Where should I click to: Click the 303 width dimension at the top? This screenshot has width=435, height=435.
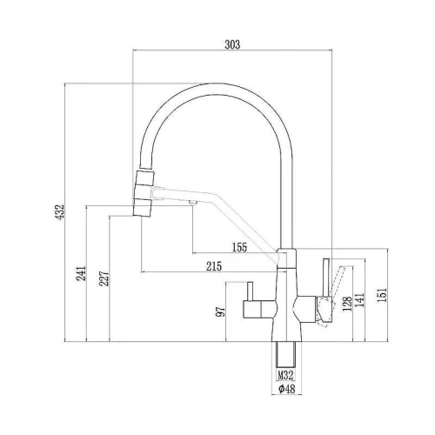[x=232, y=44]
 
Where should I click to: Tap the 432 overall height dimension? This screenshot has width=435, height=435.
[x=60, y=212]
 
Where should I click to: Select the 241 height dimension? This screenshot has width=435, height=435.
[x=81, y=273]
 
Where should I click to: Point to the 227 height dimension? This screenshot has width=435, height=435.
[x=104, y=278]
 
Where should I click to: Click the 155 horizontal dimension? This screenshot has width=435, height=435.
[x=239, y=247]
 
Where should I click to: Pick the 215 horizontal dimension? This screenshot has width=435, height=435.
[x=214, y=266]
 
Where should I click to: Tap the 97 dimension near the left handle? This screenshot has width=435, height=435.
[x=221, y=311]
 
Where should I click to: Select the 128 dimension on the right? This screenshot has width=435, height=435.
[x=347, y=304]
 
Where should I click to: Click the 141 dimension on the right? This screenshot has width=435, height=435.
[x=359, y=300]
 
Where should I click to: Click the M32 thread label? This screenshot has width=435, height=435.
[x=286, y=376]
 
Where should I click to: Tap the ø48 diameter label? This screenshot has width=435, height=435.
[x=286, y=389]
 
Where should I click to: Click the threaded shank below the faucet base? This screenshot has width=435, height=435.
[x=286, y=355]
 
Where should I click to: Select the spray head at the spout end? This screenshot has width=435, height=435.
[x=144, y=193]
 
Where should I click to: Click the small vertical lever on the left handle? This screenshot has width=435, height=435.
[x=250, y=291]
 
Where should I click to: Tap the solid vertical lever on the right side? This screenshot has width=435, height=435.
[x=326, y=278]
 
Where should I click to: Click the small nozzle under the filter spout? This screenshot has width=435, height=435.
[x=192, y=203]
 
